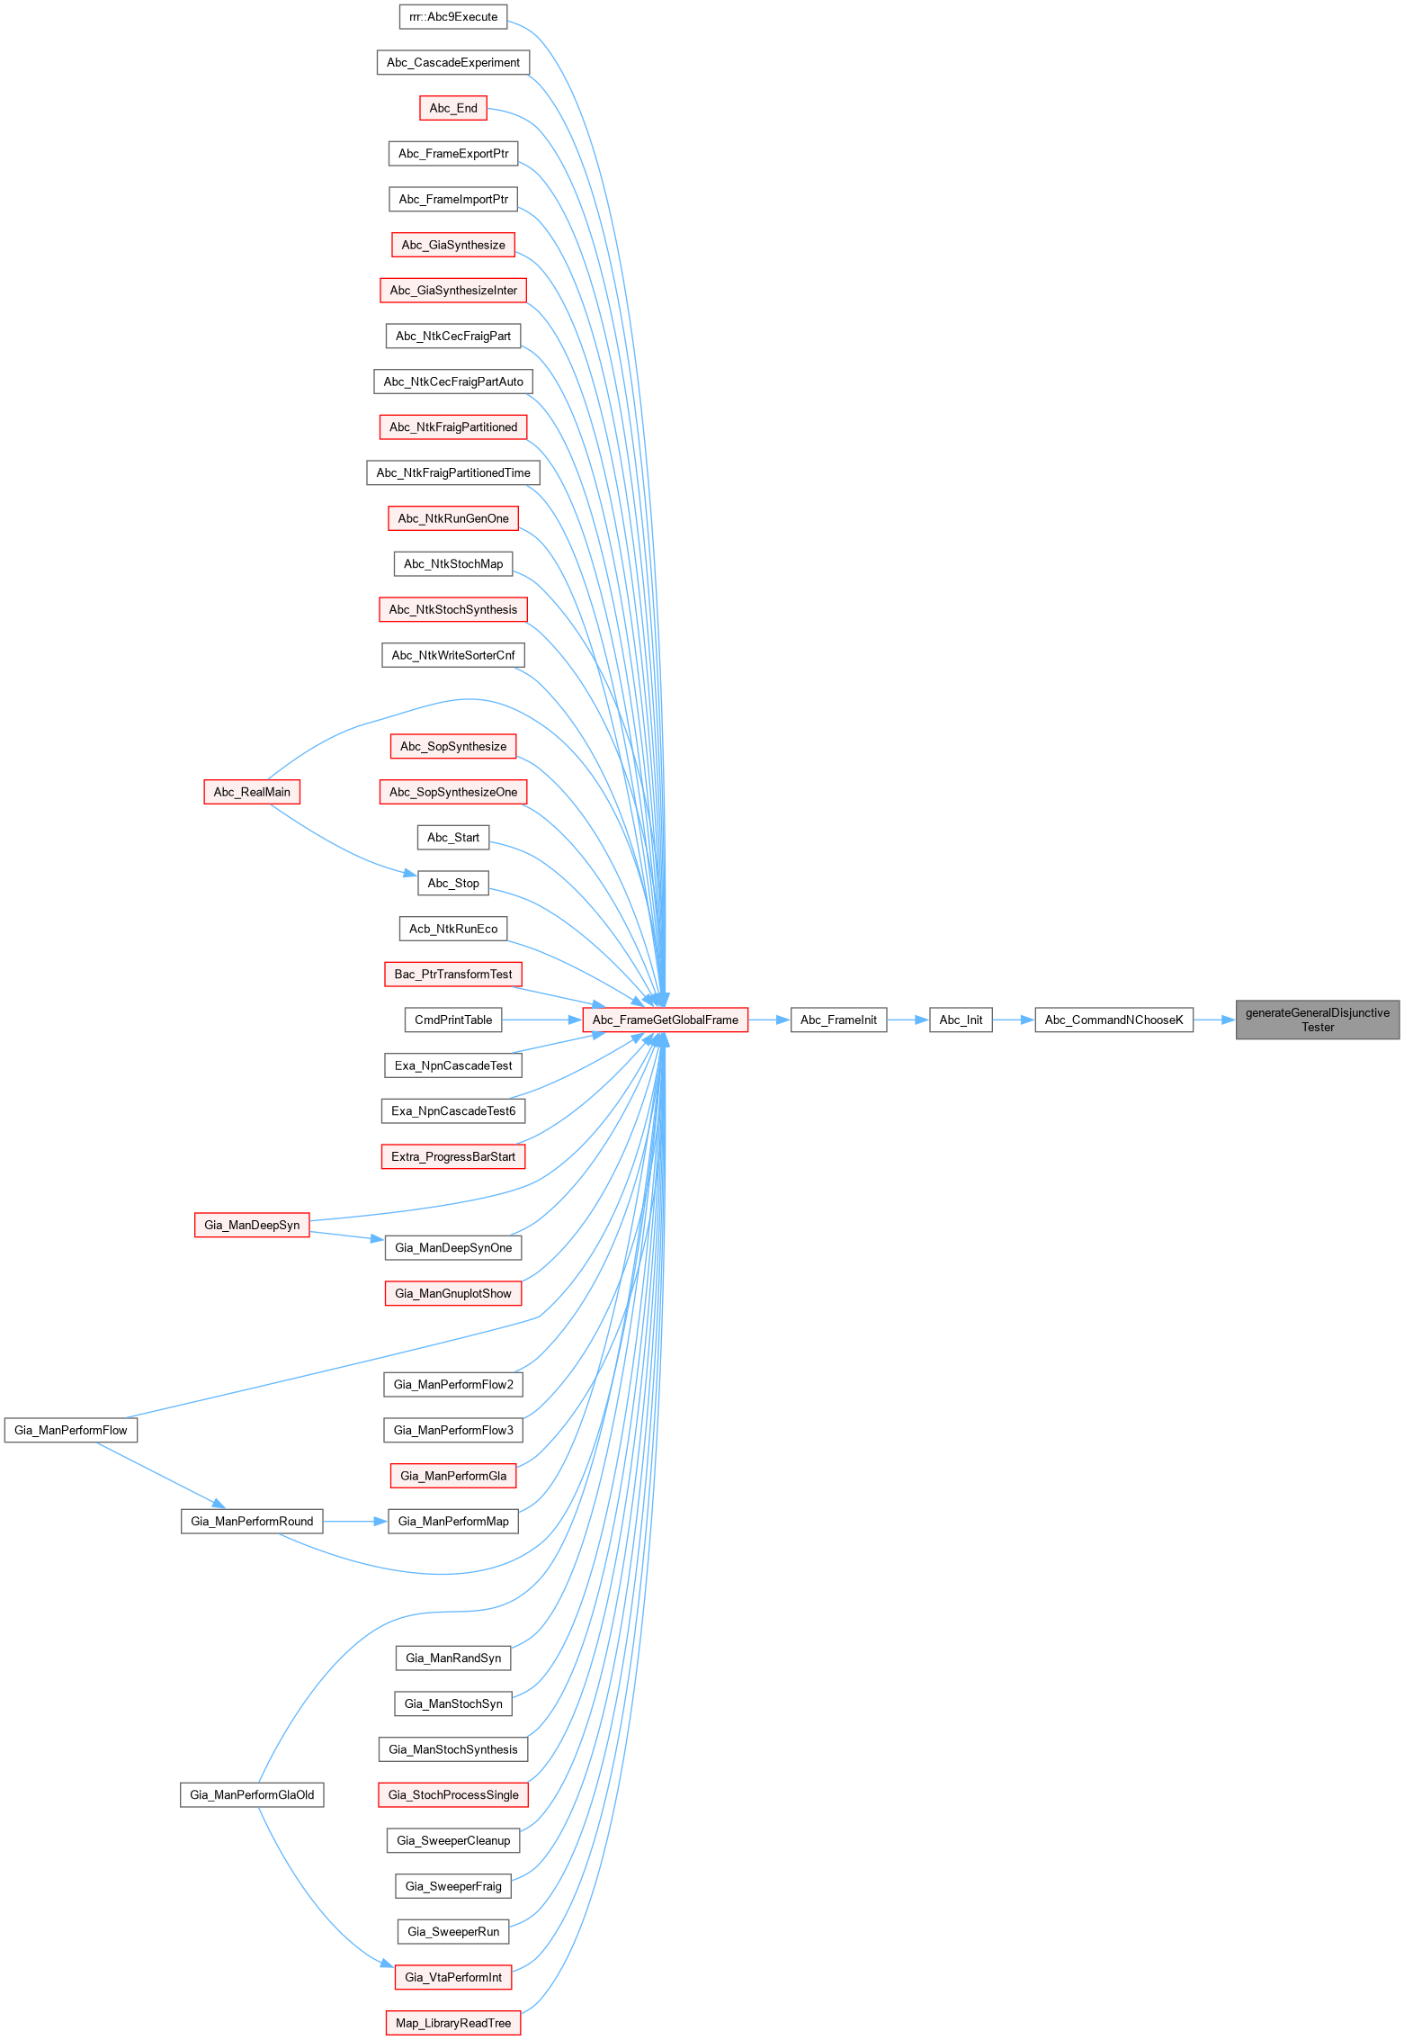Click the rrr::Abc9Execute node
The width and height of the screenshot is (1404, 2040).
tap(453, 16)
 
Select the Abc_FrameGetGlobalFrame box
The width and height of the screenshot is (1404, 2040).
tap(665, 1020)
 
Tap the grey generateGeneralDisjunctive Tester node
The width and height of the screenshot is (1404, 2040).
tap(1318, 1020)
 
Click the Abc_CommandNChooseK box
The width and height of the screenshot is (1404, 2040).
tap(1113, 1020)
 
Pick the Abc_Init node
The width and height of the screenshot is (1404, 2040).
tap(961, 1020)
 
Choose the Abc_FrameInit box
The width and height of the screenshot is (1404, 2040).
tap(838, 1020)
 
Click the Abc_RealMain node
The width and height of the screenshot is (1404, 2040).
tap(252, 792)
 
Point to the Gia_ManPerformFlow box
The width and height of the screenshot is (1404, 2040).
tap(71, 1430)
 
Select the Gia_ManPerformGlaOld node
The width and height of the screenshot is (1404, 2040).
tap(252, 1794)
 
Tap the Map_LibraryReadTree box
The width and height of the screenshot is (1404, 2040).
tap(453, 2023)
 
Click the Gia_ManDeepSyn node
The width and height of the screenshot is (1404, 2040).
tap(252, 1225)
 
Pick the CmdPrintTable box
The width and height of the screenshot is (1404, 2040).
tap(453, 1020)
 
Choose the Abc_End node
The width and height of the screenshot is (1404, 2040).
tap(453, 108)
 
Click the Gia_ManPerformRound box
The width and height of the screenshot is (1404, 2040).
tap(252, 1521)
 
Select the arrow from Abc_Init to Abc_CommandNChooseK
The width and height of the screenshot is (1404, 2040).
tap(1014, 1020)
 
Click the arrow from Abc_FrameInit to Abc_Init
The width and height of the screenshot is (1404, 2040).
tap(908, 1020)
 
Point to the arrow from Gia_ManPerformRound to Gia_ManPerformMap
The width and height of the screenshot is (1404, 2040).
tap(355, 1521)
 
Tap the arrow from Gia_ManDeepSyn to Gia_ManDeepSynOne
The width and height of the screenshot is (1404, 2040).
tap(347, 1236)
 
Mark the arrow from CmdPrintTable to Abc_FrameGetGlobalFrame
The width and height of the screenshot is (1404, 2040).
tap(542, 1020)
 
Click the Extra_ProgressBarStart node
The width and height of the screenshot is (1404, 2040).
tap(453, 1156)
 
